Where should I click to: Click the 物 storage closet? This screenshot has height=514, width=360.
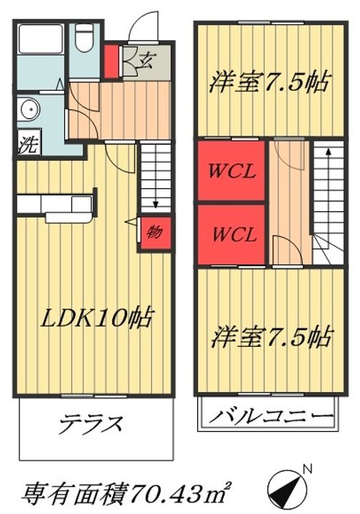click(x=154, y=232)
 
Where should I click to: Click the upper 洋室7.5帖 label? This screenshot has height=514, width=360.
click(x=269, y=84)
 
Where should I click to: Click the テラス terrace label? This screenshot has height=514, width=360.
click(x=92, y=422)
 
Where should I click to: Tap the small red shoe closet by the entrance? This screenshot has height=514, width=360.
click(x=111, y=62)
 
